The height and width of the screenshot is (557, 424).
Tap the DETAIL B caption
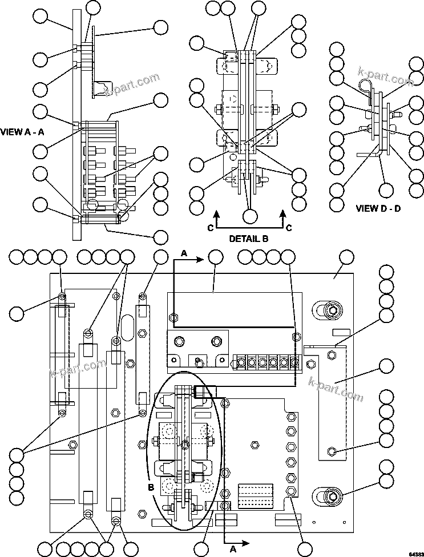[x=249, y=238]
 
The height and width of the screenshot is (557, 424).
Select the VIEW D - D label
[x=378, y=208]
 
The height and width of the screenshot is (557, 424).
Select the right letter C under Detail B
[x=289, y=228]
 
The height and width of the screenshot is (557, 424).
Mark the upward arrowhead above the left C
[x=216, y=215]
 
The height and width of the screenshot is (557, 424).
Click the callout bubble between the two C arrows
[x=249, y=216]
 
